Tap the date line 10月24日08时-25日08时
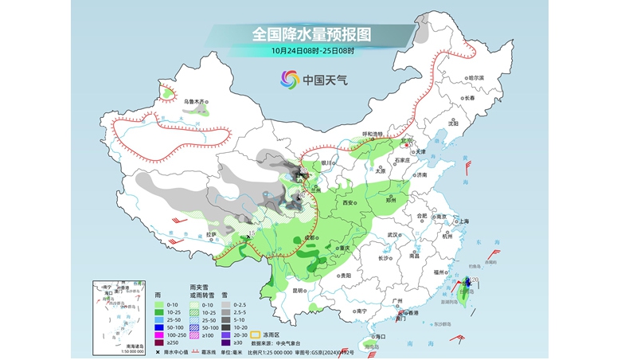coord(312,52)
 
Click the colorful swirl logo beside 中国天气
coord(289,79)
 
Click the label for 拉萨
coord(211,235)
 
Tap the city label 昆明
coord(299,291)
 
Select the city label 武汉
coord(391,235)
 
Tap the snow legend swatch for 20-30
coord(228,334)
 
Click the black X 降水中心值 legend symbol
coord(158,351)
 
